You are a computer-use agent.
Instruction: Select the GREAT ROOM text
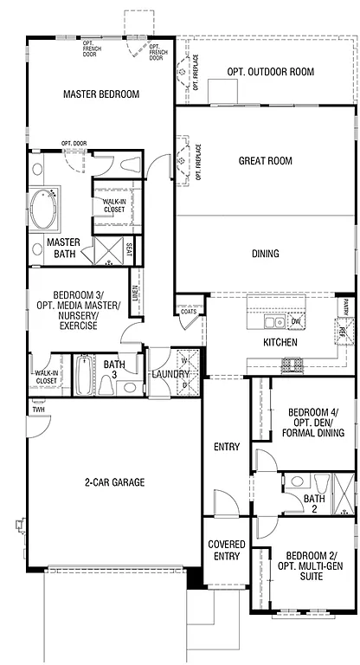coord(265,160)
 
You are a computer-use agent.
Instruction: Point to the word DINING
coord(265,254)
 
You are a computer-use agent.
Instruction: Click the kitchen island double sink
coord(273,323)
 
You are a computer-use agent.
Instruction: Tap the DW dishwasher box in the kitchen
coord(295,322)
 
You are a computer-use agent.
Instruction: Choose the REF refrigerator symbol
coord(341,330)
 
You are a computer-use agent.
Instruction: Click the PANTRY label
coord(345,306)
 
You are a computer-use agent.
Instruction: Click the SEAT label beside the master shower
coord(129,250)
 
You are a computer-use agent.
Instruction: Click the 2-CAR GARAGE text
coord(114,481)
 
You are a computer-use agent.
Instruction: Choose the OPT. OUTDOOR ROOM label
coord(270,72)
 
